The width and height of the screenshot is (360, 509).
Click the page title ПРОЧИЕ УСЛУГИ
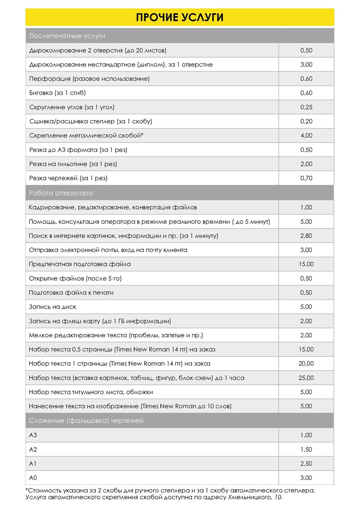(x=180, y=17)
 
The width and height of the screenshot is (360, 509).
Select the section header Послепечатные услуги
(x=67, y=36)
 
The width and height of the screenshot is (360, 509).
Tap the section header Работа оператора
(x=61, y=193)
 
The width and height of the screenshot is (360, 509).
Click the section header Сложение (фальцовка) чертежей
(x=86, y=420)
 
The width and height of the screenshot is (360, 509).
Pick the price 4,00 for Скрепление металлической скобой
(x=306, y=136)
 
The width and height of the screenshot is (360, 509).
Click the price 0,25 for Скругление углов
(x=306, y=107)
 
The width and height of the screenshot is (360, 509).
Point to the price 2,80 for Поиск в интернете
(x=306, y=236)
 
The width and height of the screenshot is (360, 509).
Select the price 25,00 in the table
(x=306, y=378)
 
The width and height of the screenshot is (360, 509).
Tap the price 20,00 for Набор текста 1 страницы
(x=306, y=364)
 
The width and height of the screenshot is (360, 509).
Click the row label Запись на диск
(x=53, y=307)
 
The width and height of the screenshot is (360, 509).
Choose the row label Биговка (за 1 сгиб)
(x=58, y=93)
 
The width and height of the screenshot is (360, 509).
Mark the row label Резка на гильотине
(x=73, y=164)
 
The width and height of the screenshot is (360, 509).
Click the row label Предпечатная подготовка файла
(x=80, y=264)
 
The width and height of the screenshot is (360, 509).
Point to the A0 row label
(x=33, y=478)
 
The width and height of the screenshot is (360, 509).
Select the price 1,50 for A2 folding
(x=306, y=450)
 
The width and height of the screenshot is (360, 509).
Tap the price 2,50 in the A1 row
(x=306, y=464)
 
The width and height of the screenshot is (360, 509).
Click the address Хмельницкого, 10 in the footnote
(x=255, y=497)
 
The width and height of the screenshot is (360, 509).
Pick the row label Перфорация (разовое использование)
(x=89, y=79)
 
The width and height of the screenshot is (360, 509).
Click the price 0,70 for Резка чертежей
(x=306, y=178)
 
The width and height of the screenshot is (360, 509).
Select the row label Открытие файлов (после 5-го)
(x=75, y=279)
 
